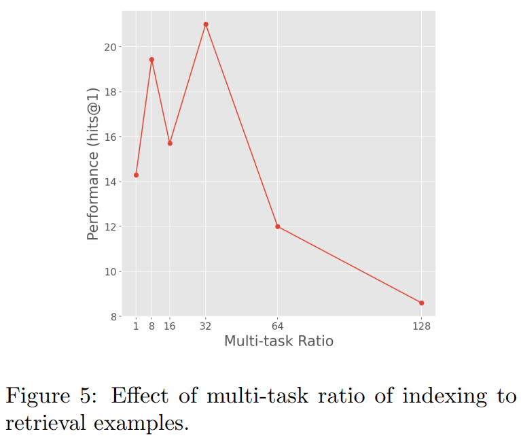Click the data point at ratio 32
pyautogui.click(x=206, y=24)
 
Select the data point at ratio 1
pyautogui.click(x=136, y=175)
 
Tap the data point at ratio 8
pyautogui.click(x=151, y=60)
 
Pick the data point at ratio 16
pyautogui.click(x=170, y=143)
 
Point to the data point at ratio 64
pyautogui.click(x=278, y=226)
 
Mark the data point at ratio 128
pyautogui.click(x=422, y=303)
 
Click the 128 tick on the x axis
pyautogui.click(x=422, y=326)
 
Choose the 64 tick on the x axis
pyautogui.click(x=278, y=326)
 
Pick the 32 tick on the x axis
pyautogui.click(x=206, y=326)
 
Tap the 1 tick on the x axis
pyautogui.click(x=136, y=326)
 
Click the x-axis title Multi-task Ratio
pyautogui.click(x=279, y=341)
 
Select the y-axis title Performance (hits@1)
pyautogui.click(x=94, y=163)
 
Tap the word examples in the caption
pyautogui.click(x=137, y=422)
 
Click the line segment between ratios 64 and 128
pyautogui.click(x=350, y=265)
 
